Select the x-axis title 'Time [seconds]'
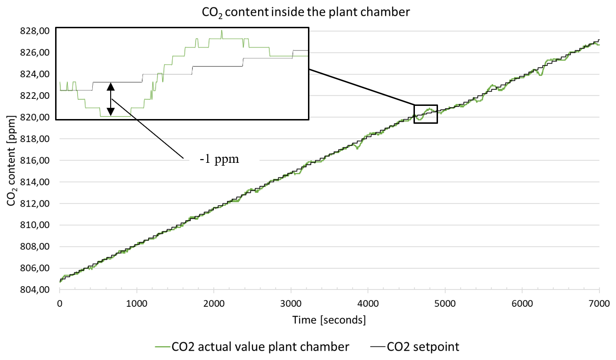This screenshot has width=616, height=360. coord(329,320)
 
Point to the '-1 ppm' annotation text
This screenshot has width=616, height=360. coord(219,159)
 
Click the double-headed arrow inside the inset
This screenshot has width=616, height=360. coord(111,99)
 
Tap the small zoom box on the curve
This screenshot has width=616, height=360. coord(426,114)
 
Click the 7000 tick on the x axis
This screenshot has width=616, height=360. coord(599,304)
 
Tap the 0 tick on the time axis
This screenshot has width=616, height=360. coord(60,304)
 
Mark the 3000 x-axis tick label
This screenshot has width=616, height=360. coord(291,304)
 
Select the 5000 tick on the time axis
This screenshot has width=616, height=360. coord(445,304)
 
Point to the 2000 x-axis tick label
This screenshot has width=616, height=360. coord(214,304)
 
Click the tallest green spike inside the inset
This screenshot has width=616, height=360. coord(221,32)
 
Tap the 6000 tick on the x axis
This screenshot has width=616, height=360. coord(522,304)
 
